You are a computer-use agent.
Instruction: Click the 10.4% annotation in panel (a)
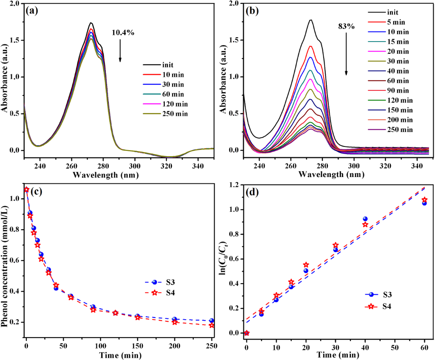(x=123, y=32)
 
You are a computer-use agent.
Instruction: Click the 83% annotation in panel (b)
(x=346, y=26)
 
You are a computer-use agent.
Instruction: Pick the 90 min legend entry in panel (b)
(x=395, y=90)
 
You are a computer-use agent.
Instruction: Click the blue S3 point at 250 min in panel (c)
(x=212, y=321)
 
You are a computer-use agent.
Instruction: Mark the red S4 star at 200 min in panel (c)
(x=175, y=322)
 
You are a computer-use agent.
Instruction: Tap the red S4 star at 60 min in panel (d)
(x=424, y=200)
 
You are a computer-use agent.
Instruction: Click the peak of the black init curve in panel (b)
(x=311, y=20)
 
